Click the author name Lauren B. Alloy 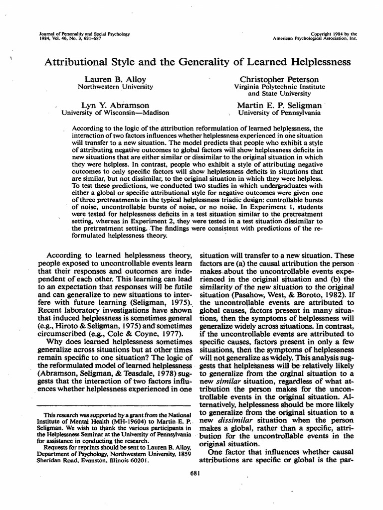[x=115, y=80]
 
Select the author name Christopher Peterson [x=279, y=80]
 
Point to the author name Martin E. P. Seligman [x=279, y=106]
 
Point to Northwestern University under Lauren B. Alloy [x=115, y=87]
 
